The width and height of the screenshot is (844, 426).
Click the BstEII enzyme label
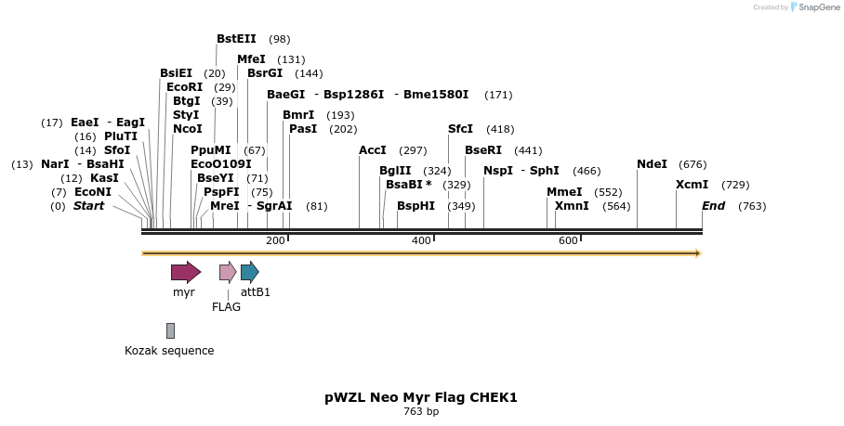[236, 39]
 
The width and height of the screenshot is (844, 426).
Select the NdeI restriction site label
[652, 164]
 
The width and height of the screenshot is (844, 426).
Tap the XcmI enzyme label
[692, 185]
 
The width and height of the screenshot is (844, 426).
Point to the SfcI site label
[460, 129]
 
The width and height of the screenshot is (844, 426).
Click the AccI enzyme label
[373, 150]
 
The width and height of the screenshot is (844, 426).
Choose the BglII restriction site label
[395, 171]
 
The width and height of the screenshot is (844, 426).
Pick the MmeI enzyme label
[564, 192]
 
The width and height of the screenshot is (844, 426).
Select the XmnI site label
[572, 206]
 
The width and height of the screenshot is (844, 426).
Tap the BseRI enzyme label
[483, 150]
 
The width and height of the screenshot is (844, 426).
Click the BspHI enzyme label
[415, 206]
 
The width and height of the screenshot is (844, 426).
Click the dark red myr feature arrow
[185, 272]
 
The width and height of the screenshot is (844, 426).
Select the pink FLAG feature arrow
[228, 272]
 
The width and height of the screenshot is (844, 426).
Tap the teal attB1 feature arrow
[249, 272]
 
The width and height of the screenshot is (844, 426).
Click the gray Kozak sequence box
[170, 330]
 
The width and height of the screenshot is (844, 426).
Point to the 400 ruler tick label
[421, 241]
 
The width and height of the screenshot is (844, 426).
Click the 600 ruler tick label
[568, 241]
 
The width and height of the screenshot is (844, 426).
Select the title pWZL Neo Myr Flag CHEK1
[420, 397]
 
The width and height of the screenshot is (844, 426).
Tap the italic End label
[713, 206]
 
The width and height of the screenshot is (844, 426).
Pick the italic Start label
[88, 206]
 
